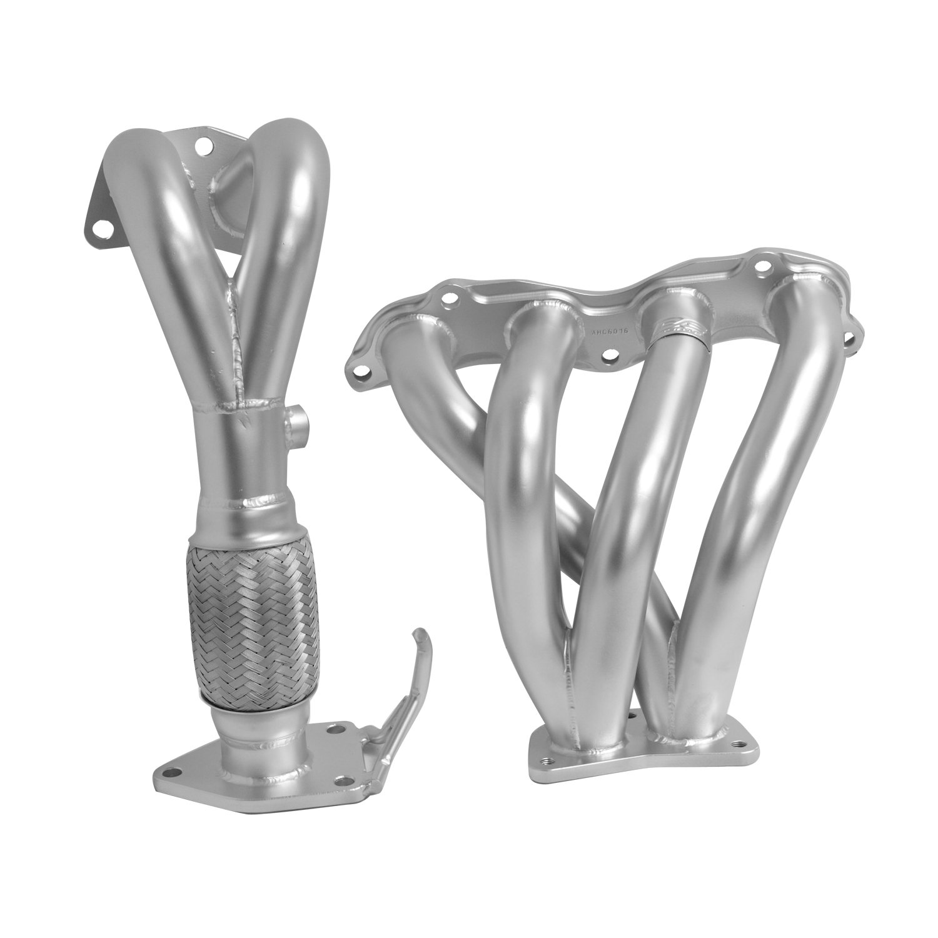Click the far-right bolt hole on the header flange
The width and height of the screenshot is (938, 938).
click(x=849, y=338)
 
